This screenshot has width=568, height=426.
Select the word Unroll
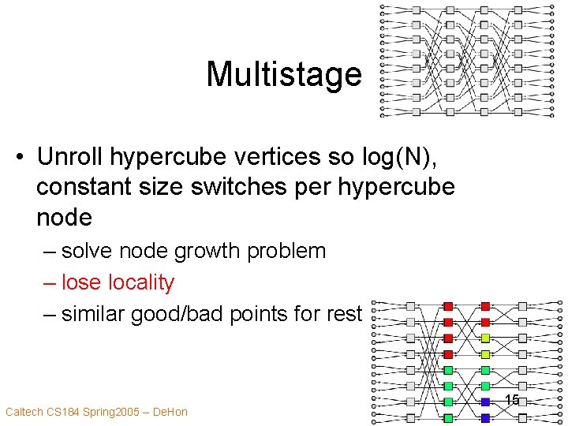click(x=69, y=156)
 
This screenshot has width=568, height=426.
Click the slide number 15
click(x=512, y=401)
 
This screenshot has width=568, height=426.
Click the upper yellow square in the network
click(x=485, y=338)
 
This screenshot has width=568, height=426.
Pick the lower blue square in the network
click(x=485, y=417)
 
